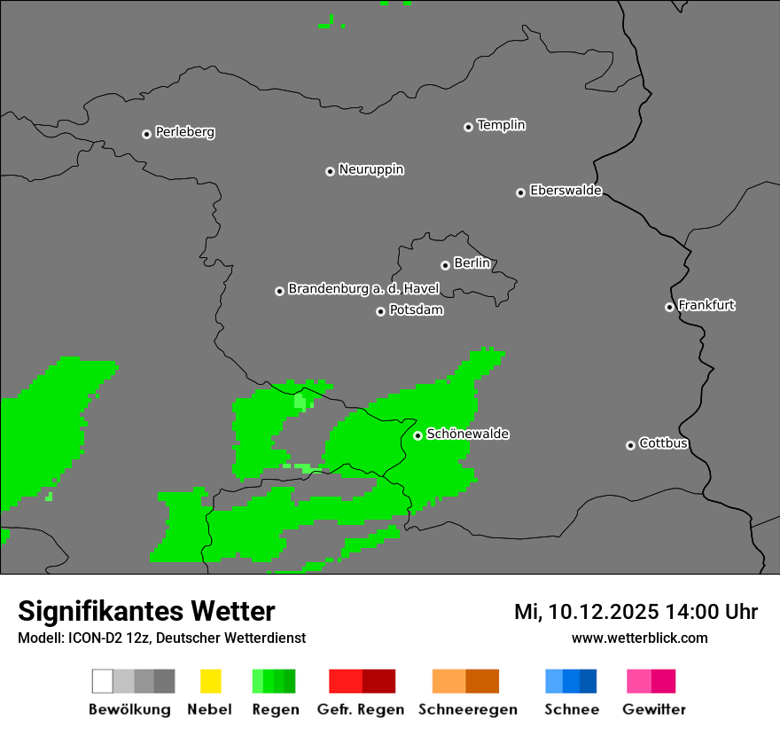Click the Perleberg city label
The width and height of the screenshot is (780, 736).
tap(184, 132)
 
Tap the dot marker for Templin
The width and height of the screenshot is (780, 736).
tap(468, 127)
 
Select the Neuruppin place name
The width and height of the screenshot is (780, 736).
tap(370, 169)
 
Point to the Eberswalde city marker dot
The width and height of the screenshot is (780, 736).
tap(520, 192)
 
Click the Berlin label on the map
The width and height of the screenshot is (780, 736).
tap(472, 263)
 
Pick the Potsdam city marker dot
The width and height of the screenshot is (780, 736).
tap(380, 311)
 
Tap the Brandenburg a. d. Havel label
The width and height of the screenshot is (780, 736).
tap(363, 289)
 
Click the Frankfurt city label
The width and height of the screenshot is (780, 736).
tap(706, 305)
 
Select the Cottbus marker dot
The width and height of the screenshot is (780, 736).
tap(630, 445)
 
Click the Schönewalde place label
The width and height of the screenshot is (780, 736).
tap(467, 434)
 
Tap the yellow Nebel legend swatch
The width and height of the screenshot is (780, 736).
tap(210, 681)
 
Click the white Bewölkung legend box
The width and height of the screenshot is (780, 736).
tap(103, 681)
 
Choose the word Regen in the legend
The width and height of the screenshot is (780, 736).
tap(275, 709)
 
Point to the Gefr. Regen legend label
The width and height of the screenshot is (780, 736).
tap(361, 709)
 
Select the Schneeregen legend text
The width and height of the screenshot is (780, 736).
tap(467, 709)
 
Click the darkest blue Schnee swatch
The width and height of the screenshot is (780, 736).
tap(589, 681)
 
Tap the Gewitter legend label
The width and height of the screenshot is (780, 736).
tap(653, 709)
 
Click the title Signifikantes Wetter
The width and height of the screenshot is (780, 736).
tap(146, 612)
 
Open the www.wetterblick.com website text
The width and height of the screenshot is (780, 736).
tap(639, 638)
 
